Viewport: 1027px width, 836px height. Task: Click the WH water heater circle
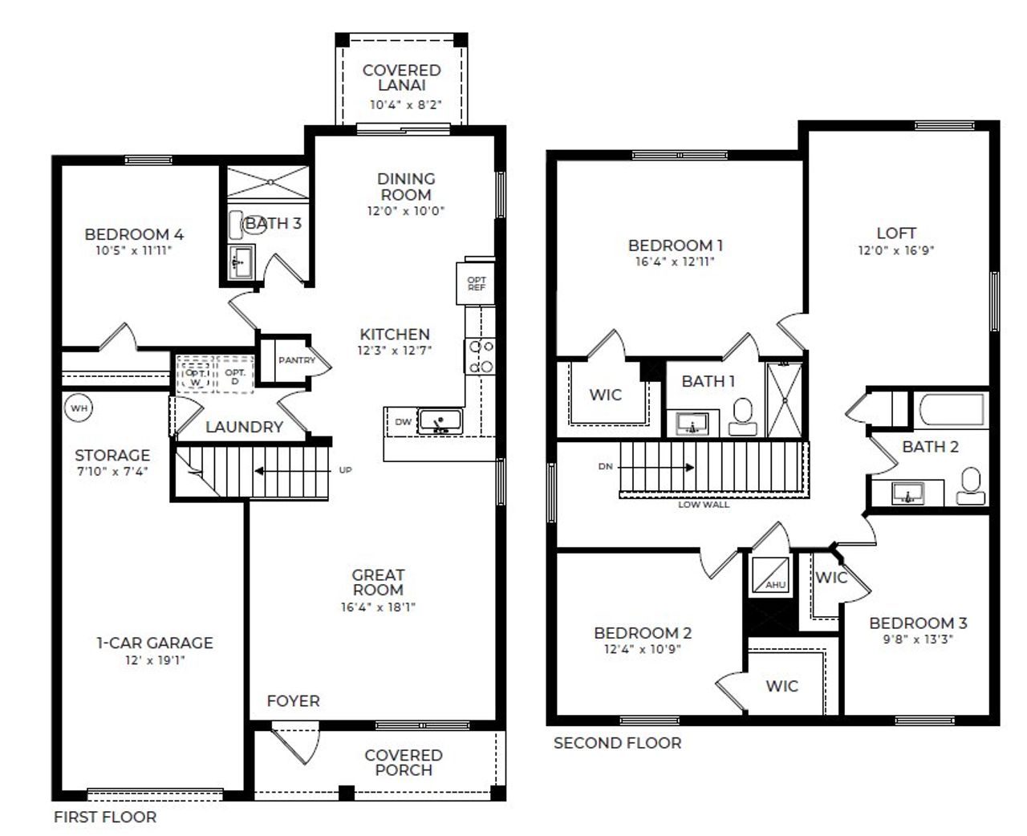[x=78, y=408]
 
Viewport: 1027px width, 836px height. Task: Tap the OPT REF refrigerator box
[x=477, y=284]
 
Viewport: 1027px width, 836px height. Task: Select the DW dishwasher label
[x=402, y=420]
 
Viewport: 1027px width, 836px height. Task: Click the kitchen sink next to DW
[x=440, y=420]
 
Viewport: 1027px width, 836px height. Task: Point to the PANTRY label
[x=297, y=360]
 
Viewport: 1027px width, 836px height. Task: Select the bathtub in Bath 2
[x=951, y=409]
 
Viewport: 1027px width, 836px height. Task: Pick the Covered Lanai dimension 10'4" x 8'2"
[x=406, y=104]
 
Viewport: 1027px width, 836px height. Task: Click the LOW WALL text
[x=704, y=505]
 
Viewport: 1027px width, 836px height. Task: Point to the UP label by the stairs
[x=345, y=470]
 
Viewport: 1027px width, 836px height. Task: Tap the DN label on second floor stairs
[x=606, y=465]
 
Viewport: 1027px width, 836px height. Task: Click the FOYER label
[x=293, y=701]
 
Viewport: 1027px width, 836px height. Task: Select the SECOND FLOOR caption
[x=617, y=744]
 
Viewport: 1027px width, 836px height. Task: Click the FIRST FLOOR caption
[x=105, y=818]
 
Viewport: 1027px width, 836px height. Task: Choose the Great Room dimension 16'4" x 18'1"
[x=378, y=607]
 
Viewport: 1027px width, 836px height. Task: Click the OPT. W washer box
[x=195, y=374]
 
